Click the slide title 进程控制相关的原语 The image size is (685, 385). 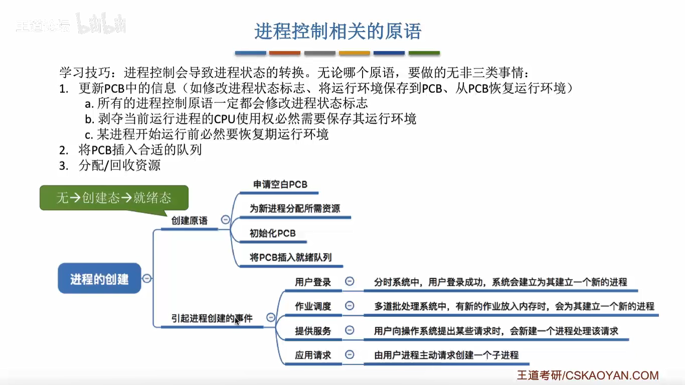[x=337, y=31]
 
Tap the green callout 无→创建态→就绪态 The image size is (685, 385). [x=114, y=198]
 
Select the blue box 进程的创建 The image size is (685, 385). [x=99, y=279]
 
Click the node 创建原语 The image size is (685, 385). [x=189, y=221]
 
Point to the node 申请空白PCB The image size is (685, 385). [x=280, y=184]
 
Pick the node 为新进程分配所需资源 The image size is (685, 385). [x=295, y=208]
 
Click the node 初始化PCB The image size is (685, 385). [x=273, y=233]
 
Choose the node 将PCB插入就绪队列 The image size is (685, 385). [x=290, y=258]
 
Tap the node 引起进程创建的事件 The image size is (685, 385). [x=212, y=318]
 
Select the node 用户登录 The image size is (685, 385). [x=313, y=282]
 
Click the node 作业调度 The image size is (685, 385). [x=313, y=306]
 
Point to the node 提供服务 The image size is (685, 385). [x=313, y=331]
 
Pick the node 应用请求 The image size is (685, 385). [x=313, y=355]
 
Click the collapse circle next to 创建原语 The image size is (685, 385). [x=226, y=220]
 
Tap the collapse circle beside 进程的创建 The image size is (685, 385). [x=147, y=279]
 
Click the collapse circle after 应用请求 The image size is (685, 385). [x=350, y=354]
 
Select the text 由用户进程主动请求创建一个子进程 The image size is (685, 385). [x=446, y=355]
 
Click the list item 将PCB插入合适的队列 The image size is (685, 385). [x=140, y=149]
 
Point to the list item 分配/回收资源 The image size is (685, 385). [x=119, y=165]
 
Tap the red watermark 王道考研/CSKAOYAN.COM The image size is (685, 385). [x=588, y=375]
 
